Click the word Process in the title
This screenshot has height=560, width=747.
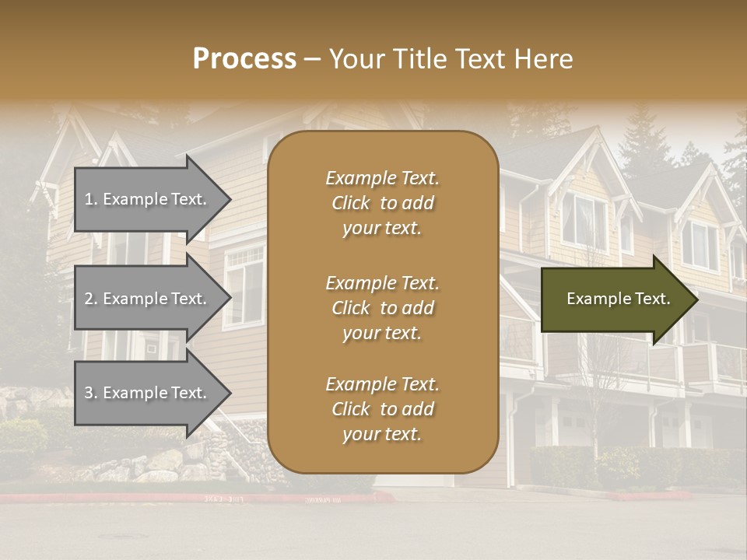point(244,59)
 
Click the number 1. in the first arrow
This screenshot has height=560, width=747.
point(91,199)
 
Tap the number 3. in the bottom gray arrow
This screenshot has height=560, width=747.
point(91,393)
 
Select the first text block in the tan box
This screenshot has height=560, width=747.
point(382,203)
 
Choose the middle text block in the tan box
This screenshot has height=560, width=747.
point(382,308)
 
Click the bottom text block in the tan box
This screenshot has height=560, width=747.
point(382,409)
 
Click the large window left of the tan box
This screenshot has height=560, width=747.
point(244,284)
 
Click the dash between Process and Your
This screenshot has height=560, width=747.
point(313,60)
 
